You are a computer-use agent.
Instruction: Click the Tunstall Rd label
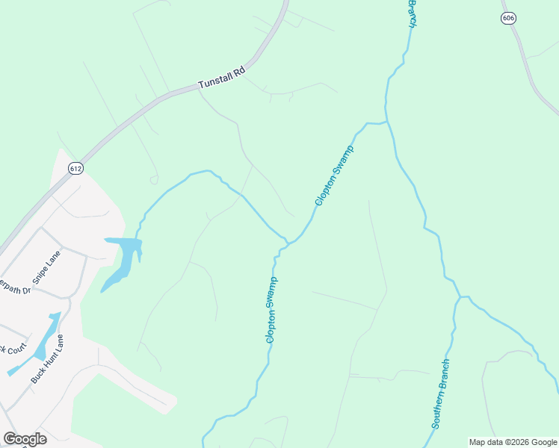[x=221, y=80]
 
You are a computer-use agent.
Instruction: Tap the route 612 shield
[x=75, y=169]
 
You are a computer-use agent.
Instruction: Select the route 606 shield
[x=509, y=17]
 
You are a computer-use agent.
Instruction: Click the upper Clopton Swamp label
[x=334, y=176]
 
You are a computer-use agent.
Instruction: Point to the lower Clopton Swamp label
[x=271, y=310]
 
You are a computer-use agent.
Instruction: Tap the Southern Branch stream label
[x=441, y=393]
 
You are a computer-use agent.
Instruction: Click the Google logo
[x=25, y=439]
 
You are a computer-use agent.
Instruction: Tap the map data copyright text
[x=513, y=442]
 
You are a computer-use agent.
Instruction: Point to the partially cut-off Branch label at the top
[x=411, y=13]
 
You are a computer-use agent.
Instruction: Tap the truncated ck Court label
[x=13, y=349]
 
